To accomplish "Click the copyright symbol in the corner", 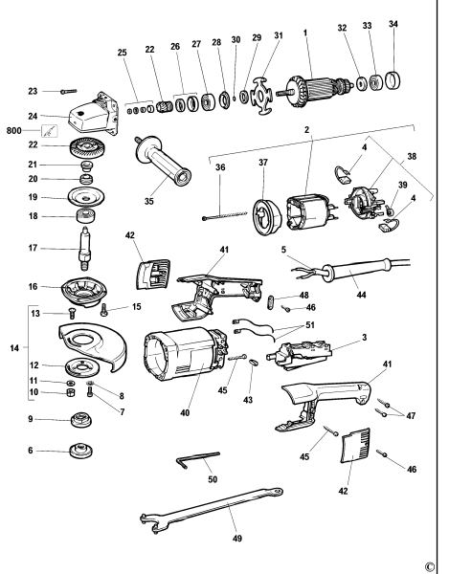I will [441, 563].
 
